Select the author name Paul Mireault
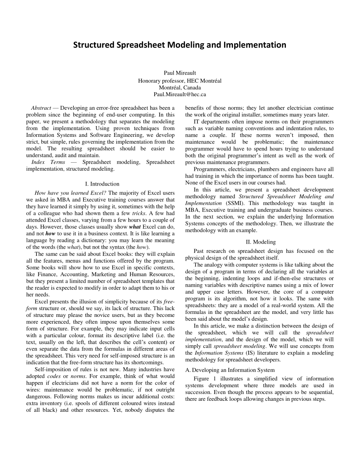pyautogui.click(x=180, y=73)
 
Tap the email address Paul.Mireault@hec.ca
pyautogui.click(x=180, y=94)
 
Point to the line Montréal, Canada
pyautogui.click(x=180, y=87)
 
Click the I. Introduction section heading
pyautogui.click(x=102, y=184)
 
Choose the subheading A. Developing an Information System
pyautogui.click(x=230, y=370)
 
